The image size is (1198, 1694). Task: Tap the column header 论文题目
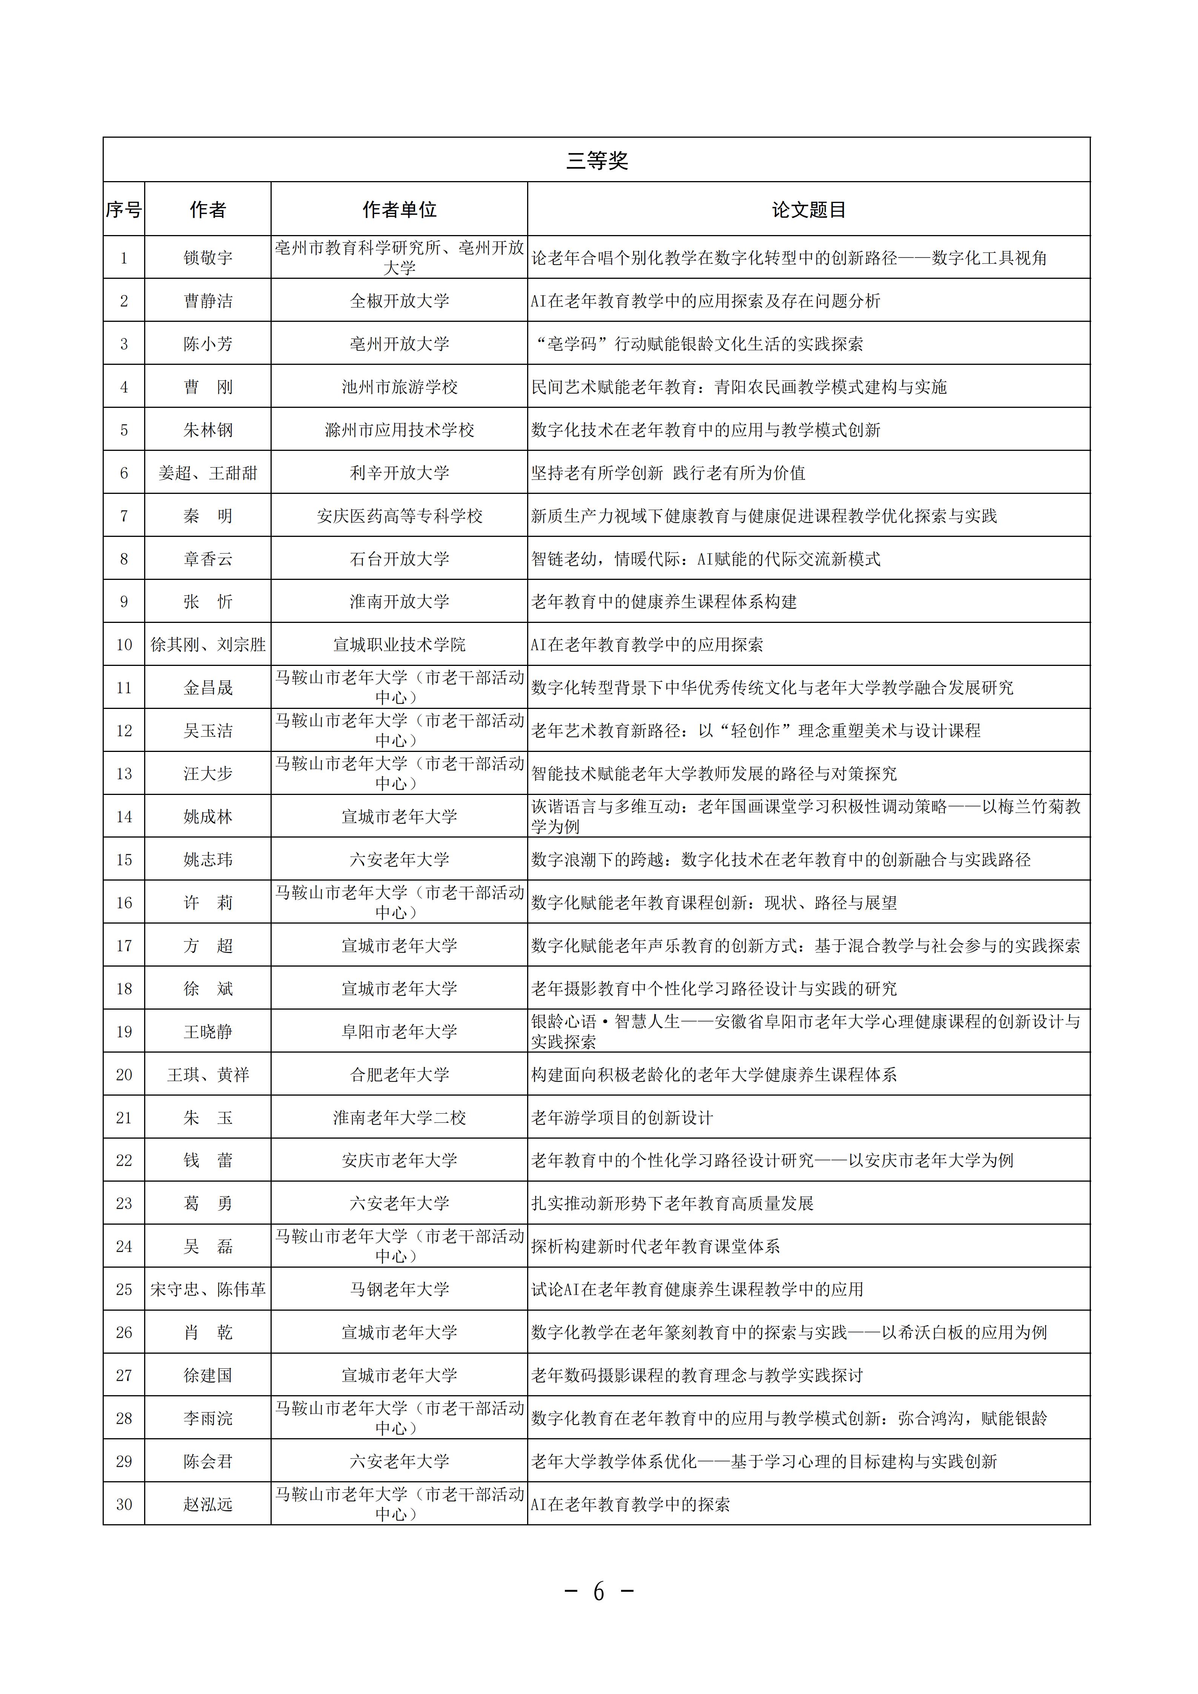pyautogui.click(x=809, y=209)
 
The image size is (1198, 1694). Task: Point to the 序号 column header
pyautogui.click(x=124, y=209)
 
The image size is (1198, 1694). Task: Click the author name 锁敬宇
pyautogui.click(x=208, y=257)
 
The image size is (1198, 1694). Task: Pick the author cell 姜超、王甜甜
pyautogui.click(x=208, y=473)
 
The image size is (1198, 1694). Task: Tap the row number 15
pyautogui.click(x=124, y=859)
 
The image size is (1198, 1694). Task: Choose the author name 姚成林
pyautogui.click(x=208, y=817)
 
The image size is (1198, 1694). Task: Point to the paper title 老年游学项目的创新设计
pyautogui.click(x=622, y=1118)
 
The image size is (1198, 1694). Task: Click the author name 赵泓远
pyautogui.click(x=208, y=1504)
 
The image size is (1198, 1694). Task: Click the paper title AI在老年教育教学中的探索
pyautogui.click(x=631, y=1504)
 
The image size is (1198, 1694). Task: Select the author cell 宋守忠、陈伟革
pyautogui.click(x=208, y=1289)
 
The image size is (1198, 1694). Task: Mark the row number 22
pyautogui.click(x=124, y=1161)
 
